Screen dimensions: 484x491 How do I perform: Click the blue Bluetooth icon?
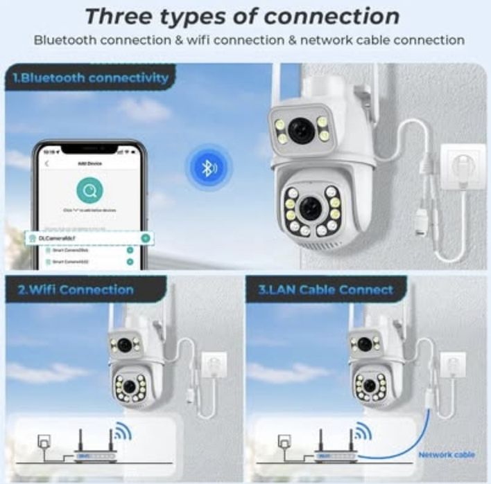pyautogui.click(x=207, y=168)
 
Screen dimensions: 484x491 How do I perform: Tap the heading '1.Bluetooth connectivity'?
pyautogui.click(x=90, y=78)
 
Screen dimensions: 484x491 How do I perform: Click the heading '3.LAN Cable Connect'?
pyautogui.click(x=325, y=289)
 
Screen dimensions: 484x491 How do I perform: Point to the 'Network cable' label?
pyautogui.click(x=446, y=455)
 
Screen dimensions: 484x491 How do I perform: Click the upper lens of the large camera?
pyautogui.click(x=302, y=130)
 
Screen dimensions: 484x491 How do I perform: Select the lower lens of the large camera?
pyautogui.click(x=309, y=207)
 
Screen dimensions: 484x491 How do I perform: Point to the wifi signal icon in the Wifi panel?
pyautogui.click(x=122, y=433)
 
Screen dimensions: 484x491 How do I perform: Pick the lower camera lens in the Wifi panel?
pyautogui.click(x=129, y=386)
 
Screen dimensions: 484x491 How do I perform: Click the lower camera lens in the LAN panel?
pyautogui.click(x=370, y=386)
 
